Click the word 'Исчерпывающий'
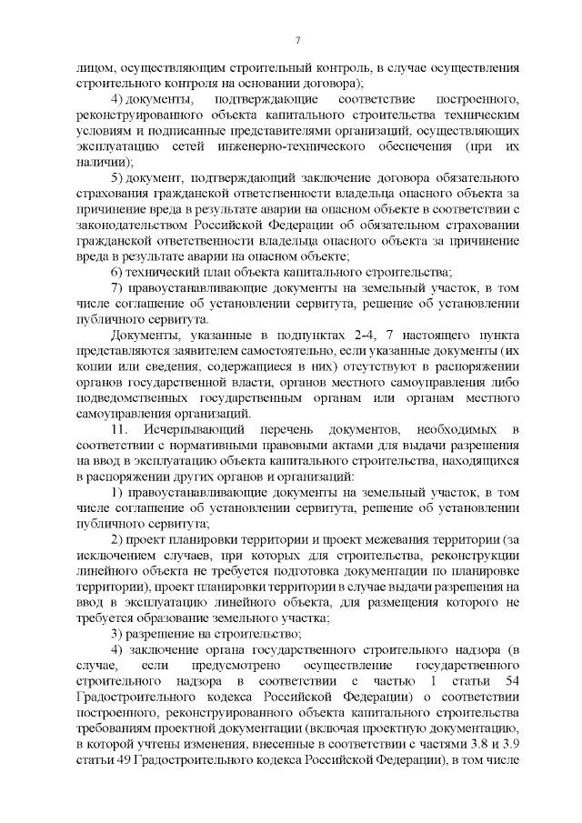[x=187, y=453]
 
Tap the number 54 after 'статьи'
[x=510, y=682]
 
